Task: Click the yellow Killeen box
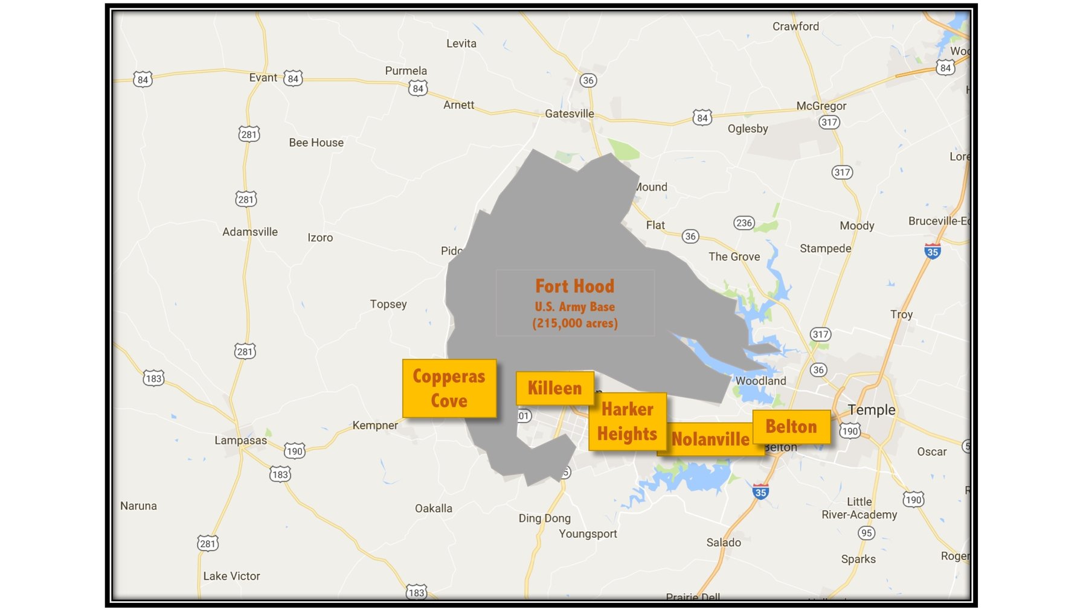click(x=554, y=388)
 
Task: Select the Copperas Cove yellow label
click(x=449, y=388)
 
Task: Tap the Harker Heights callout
click(x=627, y=421)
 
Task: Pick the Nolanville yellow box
click(x=710, y=439)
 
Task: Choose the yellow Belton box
click(x=791, y=427)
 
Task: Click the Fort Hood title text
click(x=574, y=286)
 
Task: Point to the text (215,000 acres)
click(x=574, y=324)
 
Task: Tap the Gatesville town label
click(x=569, y=113)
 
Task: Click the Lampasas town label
click(x=240, y=440)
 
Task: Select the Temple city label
click(x=871, y=410)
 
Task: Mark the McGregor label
click(x=821, y=106)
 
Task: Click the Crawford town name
click(x=795, y=27)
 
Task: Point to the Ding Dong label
click(x=544, y=518)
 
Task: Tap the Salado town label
click(x=724, y=543)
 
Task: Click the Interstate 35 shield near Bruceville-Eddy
click(x=932, y=251)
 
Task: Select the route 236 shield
click(x=744, y=223)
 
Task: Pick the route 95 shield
click(x=866, y=533)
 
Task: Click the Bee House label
click(x=316, y=142)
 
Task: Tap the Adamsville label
click(x=250, y=232)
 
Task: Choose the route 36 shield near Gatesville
click(x=588, y=80)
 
